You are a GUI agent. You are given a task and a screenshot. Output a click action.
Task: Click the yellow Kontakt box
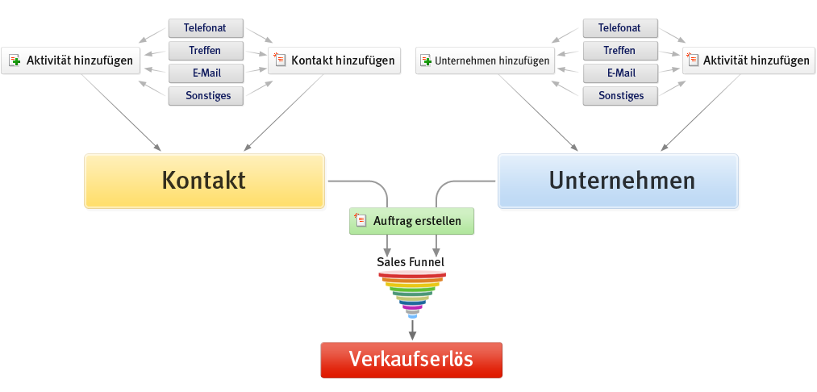click(x=204, y=180)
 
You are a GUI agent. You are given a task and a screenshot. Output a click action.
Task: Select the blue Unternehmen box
click(x=618, y=180)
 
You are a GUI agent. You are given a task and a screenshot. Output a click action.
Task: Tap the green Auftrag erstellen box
click(x=411, y=221)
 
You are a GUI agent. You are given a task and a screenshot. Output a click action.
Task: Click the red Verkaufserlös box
click(x=411, y=360)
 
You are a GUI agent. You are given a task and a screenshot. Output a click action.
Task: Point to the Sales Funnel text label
click(x=411, y=262)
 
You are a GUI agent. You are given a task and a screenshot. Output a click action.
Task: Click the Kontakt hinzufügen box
click(x=335, y=60)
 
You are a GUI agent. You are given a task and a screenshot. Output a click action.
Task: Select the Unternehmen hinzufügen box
click(x=486, y=60)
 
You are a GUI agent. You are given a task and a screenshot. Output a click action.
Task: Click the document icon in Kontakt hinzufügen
click(x=280, y=60)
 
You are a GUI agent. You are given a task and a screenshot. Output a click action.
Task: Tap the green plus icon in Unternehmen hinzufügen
click(x=427, y=60)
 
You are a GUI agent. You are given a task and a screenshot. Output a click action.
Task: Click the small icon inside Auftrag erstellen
click(x=362, y=220)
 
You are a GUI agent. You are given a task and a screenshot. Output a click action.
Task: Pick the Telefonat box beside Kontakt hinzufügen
click(x=206, y=28)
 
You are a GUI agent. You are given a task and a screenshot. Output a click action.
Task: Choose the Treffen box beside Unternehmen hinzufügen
click(x=619, y=51)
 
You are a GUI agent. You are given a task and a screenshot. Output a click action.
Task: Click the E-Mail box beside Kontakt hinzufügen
click(x=206, y=73)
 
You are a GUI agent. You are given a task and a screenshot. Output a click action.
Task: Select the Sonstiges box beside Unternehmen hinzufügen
click(x=620, y=96)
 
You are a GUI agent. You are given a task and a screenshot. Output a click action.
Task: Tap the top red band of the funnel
click(x=412, y=276)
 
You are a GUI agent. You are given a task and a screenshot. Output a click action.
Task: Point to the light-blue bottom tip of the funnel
click(x=412, y=315)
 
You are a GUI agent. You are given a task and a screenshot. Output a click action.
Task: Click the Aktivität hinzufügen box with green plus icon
click(x=71, y=60)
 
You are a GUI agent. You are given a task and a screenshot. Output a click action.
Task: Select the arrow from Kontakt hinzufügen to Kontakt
click(x=282, y=113)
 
